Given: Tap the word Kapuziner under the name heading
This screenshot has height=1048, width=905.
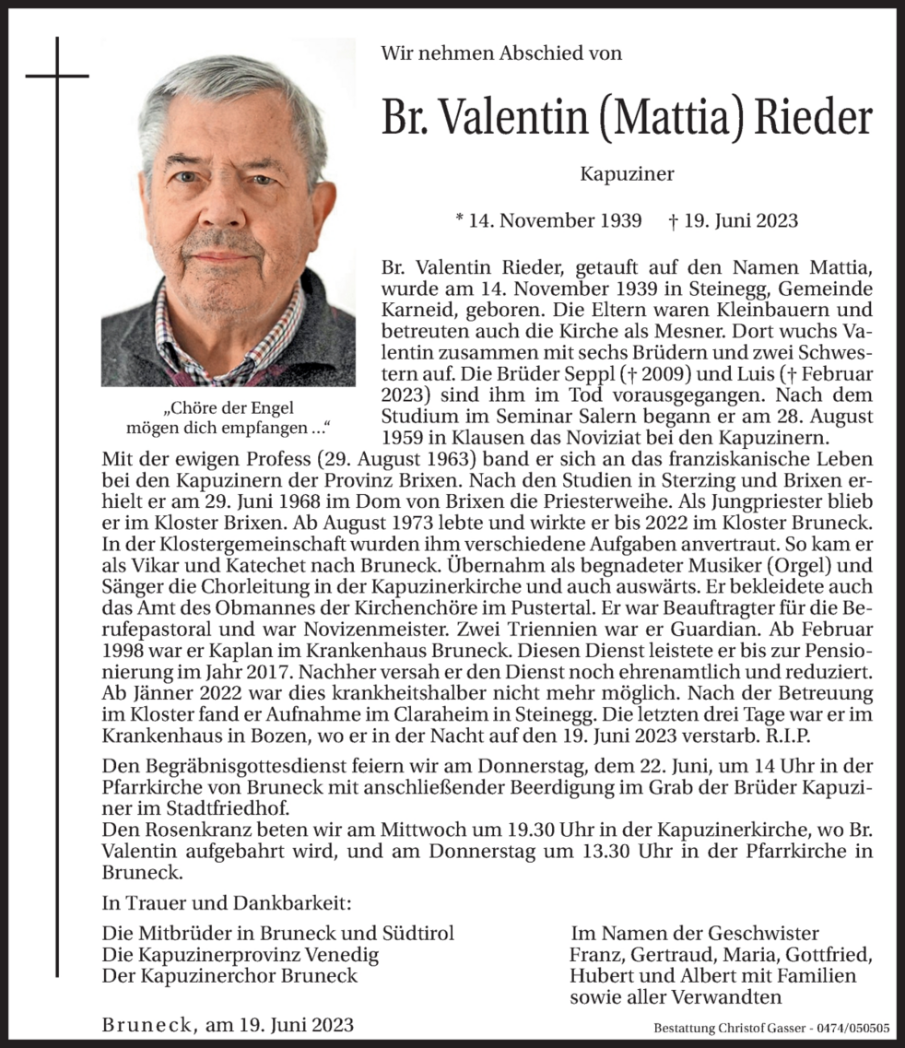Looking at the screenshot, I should pos(627,174).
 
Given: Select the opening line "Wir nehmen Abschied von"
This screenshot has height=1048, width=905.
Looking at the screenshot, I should pos(501,53).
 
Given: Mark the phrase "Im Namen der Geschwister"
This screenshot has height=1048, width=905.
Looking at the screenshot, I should pos(695,933).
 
